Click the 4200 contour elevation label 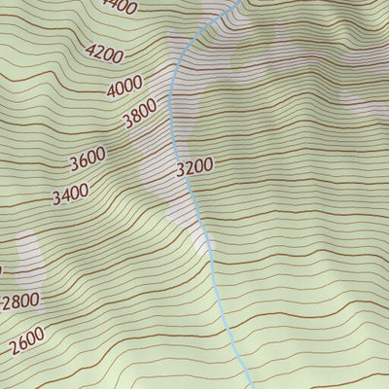point(104,51)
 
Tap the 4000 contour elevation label point(124,88)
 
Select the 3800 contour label point(140,118)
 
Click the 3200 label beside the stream point(194,167)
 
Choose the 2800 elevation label point(20,301)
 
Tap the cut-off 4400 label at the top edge point(121,6)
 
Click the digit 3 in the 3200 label point(182,167)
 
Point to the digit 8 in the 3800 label point(135,120)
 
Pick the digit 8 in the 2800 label point(17,302)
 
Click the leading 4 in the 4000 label point(112,92)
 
